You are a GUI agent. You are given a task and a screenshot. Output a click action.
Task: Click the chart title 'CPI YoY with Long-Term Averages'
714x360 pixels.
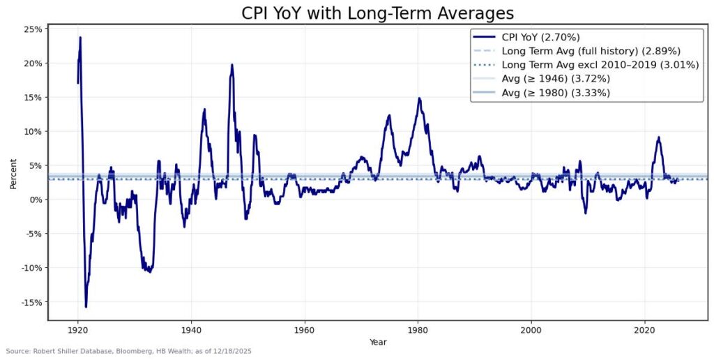pyautogui.click(x=377, y=13)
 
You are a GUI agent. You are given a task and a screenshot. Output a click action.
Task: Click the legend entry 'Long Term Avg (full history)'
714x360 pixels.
pyautogui.click(x=590, y=51)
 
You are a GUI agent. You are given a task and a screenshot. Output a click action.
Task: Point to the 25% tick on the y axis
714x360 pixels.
pyautogui.click(x=33, y=29)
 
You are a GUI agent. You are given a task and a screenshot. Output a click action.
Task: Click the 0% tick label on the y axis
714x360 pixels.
pyautogui.click(x=35, y=200)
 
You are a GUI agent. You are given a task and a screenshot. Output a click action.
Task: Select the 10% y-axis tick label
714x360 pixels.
pyautogui.click(x=33, y=131)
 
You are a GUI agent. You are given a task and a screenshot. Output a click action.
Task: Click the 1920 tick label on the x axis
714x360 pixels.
pyautogui.click(x=77, y=328)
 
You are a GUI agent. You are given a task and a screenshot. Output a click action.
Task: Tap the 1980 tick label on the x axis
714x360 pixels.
pyautogui.click(x=418, y=328)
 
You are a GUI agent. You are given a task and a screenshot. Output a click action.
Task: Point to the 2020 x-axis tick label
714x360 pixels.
pyautogui.click(x=645, y=328)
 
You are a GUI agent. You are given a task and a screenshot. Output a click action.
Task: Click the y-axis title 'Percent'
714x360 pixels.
pyautogui.click(x=13, y=174)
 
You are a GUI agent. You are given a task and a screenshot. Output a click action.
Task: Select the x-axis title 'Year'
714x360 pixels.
pyautogui.click(x=377, y=342)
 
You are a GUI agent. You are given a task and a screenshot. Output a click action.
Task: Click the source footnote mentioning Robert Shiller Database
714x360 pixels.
pyautogui.click(x=128, y=352)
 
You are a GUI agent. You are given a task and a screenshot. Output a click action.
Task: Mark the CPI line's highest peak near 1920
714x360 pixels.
pyautogui.click(x=80, y=38)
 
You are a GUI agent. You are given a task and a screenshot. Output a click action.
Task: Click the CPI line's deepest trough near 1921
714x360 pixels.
pyautogui.click(x=86, y=306)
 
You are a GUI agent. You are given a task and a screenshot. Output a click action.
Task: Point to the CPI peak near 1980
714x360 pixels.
pyautogui.click(x=419, y=98)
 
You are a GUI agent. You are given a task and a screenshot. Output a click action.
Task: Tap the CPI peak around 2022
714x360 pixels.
pyautogui.click(x=658, y=137)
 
